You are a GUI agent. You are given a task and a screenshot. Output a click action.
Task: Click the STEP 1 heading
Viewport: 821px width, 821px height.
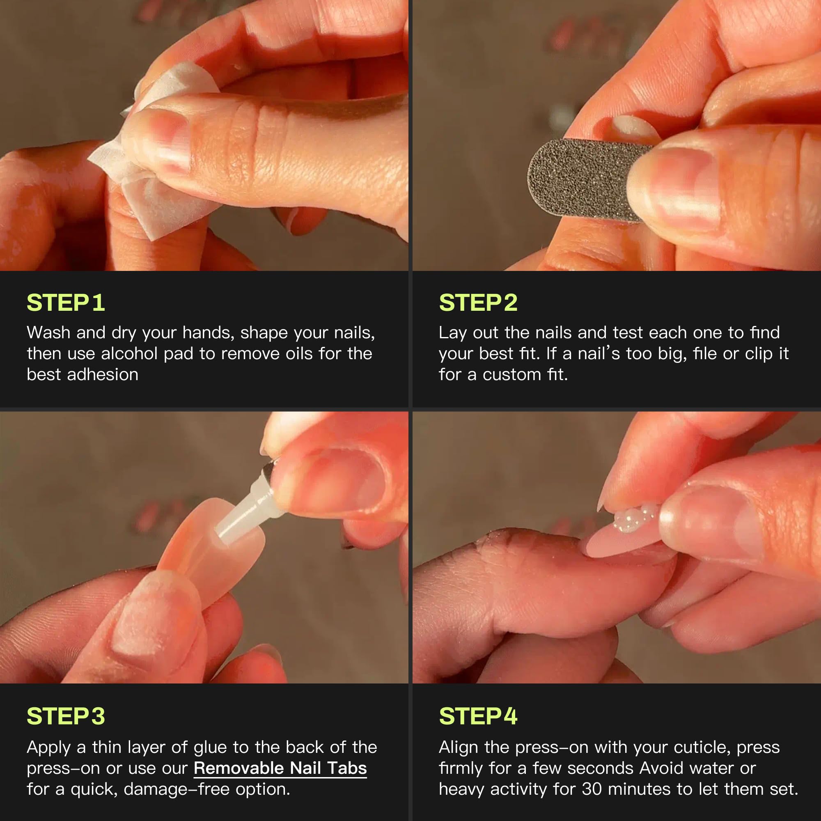tap(66, 303)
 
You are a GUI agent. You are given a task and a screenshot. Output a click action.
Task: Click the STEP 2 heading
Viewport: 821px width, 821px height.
tap(478, 303)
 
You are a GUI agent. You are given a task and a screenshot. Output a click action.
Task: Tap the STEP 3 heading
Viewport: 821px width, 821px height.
tap(66, 716)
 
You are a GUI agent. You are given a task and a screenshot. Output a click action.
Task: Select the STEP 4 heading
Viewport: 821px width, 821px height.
tap(478, 716)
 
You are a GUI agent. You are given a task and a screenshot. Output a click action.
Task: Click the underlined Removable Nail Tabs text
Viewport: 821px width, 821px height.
tap(280, 768)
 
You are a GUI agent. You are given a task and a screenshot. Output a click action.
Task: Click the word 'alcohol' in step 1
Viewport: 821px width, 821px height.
tap(129, 353)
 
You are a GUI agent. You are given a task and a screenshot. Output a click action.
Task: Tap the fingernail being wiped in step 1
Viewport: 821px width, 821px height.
tap(170, 140)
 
